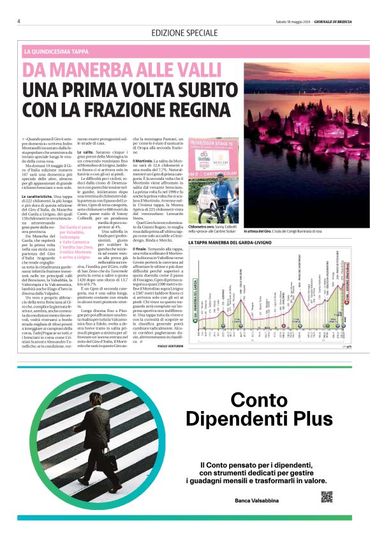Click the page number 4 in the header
[x=19, y=20]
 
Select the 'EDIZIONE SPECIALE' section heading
[x=185, y=32]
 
